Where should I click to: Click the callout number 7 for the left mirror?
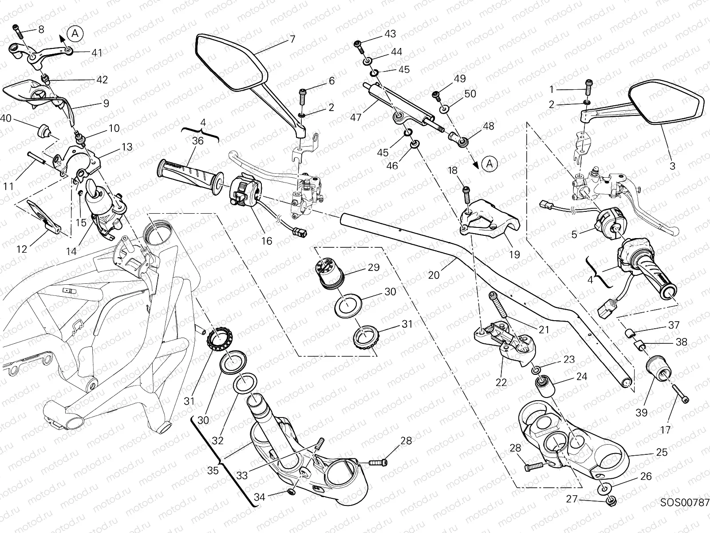292,39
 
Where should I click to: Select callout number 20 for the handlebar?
434,275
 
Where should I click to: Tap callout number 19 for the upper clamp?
514,255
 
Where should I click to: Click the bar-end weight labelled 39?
657,369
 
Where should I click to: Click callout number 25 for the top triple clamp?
662,452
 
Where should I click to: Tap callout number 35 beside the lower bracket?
213,470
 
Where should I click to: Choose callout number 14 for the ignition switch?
71,251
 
